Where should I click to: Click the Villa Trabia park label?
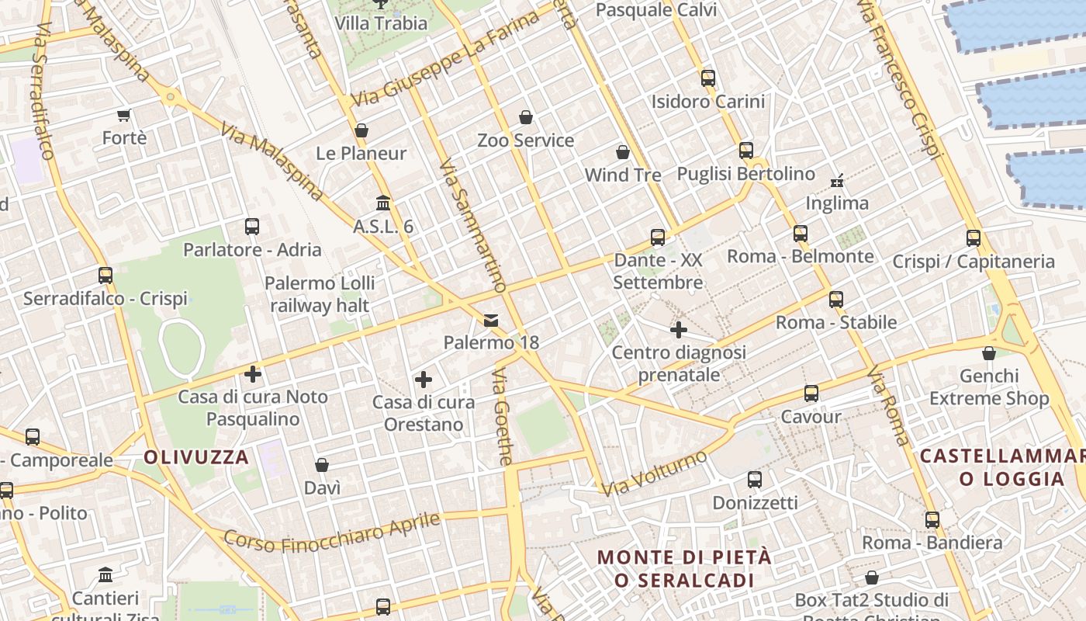click(x=381, y=23)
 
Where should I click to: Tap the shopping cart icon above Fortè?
click(x=123, y=116)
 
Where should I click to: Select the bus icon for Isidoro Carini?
click(x=707, y=78)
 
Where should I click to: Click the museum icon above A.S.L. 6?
click(x=383, y=203)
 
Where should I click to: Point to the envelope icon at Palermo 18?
click(x=491, y=321)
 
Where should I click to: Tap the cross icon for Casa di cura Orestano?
click(x=423, y=380)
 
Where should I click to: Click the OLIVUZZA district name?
click(x=196, y=457)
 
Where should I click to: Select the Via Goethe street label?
click(x=502, y=417)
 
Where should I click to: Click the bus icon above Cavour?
click(x=811, y=394)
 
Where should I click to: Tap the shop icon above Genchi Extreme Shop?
click(x=989, y=354)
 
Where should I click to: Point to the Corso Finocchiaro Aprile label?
click(x=332, y=532)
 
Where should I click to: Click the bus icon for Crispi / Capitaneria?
click(x=974, y=238)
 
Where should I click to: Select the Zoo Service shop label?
click(x=525, y=141)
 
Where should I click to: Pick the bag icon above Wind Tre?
click(x=622, y=152)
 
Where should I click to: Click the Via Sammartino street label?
click(x=472, y=225)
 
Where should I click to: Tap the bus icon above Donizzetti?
click(x=754, y=480)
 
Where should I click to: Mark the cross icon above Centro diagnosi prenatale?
click(x=679, y=331)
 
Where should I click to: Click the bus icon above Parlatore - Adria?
click(x=252, y=227)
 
